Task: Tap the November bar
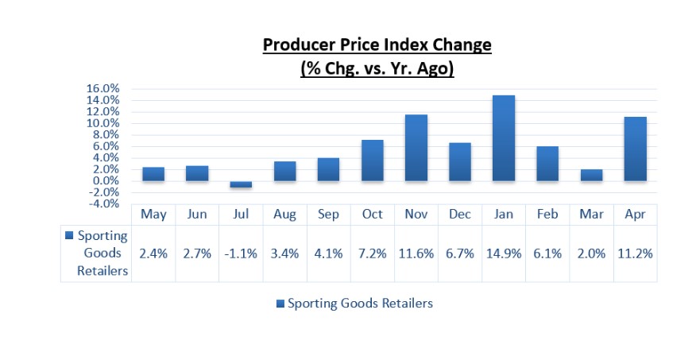pos(416,148)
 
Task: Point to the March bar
pos(591,175)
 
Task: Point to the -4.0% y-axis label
pos(102,204)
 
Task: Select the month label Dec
pos(460,215)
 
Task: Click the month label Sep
pos(328,215)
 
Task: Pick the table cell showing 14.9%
pos(504,254)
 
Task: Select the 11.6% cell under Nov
pos(416,254)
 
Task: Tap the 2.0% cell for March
pos(591,254)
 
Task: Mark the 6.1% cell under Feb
pos(547,254)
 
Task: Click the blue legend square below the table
pos(279,304)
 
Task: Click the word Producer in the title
pos(299,45)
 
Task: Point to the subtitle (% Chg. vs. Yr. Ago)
pos(377,69)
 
